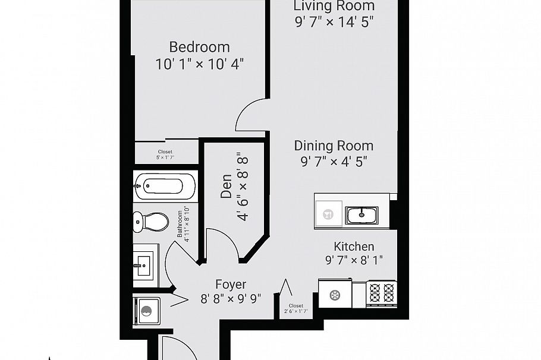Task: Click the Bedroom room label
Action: [x=199, y=46]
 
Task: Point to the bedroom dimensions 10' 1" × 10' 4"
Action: [x=200, y=64]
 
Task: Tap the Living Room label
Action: [x=334, y=6]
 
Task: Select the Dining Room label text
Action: [x=334, y=146]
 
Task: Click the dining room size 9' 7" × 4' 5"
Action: [x=334, y=162]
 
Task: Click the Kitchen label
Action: [x=354, y=246]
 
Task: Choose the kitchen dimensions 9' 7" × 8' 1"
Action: [x=354, y=260]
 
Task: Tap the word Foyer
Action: [x=231, y=285]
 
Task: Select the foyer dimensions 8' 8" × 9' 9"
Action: [x=231, y=299]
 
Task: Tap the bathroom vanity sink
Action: [x=144, y=262]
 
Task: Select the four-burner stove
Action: [x=382, y=293]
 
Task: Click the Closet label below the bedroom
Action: [x=165, y=154]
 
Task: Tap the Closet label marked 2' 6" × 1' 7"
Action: [x=296, y=308]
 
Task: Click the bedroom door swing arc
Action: [x=249, y=114]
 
